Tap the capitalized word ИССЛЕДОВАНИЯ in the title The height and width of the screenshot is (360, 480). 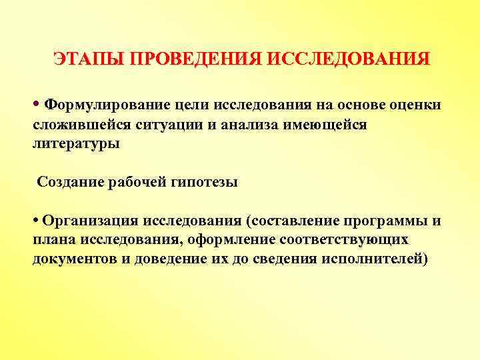(x=349, y=59)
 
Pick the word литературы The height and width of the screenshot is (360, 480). (x=77, y=143)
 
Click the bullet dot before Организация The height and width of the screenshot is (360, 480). (x=35, y=221)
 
